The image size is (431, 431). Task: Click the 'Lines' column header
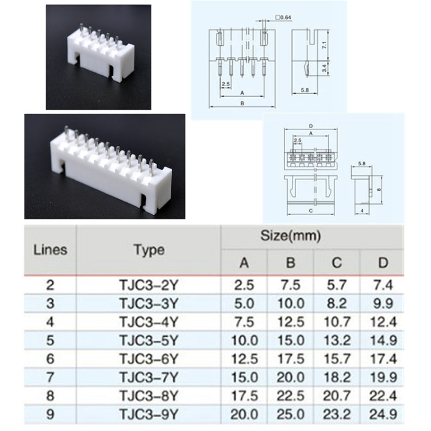[50, 250]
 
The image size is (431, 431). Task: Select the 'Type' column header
[149, 250]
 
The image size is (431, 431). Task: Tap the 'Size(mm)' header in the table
[291, 236]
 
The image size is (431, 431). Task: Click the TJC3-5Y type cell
[149, 340]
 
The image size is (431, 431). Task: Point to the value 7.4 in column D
[383, 283]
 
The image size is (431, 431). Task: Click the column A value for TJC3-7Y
[244, 378]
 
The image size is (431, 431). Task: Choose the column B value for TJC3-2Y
[291, 283]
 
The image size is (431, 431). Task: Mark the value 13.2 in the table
[337, 340]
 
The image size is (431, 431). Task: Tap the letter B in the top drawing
[242, 103]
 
